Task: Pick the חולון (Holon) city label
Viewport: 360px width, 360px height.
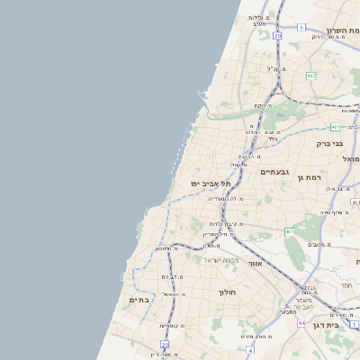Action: pyautogui.click(x=225, y=292)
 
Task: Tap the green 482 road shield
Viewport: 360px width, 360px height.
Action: pyautogui.click(x=310, y=76)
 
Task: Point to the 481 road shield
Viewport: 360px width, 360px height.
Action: pyautogui.click(x=334, y=127)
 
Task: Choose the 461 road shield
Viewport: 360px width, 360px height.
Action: pyautogui.click(x=289, y=232)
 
